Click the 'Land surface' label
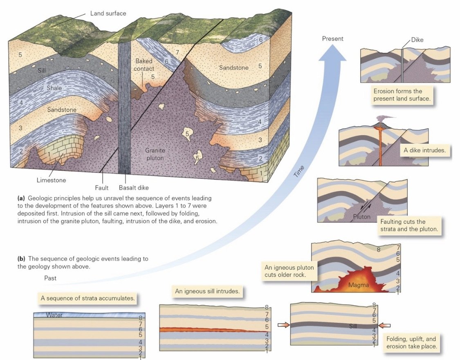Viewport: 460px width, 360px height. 108,13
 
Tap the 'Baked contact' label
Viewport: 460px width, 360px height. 144,65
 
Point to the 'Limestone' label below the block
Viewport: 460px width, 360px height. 51,180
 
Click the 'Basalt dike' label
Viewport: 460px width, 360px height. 134,188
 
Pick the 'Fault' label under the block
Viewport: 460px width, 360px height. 102,188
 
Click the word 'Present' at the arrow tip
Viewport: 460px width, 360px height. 333,39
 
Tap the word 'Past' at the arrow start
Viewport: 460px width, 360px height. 51,279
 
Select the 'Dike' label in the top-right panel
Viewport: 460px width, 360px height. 417,40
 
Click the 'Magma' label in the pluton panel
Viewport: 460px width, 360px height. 359,284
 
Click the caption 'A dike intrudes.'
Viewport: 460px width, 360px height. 424,150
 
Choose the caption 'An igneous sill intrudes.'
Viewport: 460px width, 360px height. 207,291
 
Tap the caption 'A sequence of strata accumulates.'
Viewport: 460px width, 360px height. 88,298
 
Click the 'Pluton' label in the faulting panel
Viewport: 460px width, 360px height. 362,217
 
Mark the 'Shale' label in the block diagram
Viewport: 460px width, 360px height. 54,88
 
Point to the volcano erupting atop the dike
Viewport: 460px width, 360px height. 381,121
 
